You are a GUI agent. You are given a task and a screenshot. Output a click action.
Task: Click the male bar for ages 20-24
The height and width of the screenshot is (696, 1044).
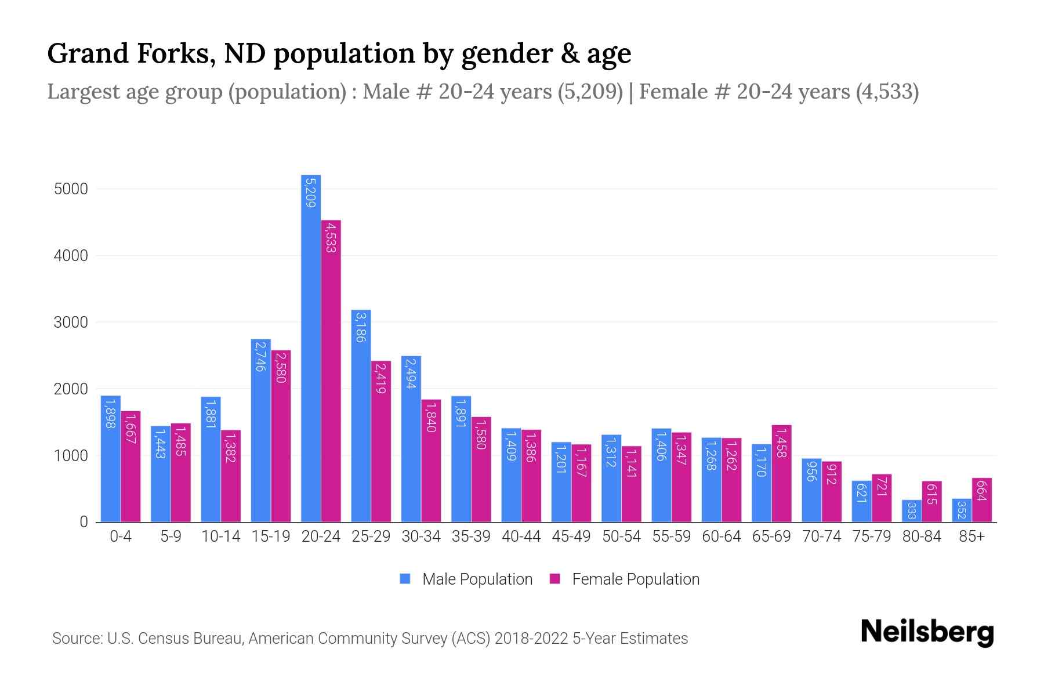click(x=311, y=348)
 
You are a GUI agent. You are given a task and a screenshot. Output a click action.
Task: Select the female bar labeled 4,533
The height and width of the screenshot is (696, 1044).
click(x=331, y=371)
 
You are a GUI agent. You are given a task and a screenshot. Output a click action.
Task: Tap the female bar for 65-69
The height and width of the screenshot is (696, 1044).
click(x=781, y=473)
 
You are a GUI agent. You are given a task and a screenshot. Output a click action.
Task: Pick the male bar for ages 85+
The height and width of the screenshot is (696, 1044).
click(x=961, y=510)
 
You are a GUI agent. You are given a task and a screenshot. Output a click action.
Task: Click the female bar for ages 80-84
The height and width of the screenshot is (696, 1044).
click(x=931, y=502)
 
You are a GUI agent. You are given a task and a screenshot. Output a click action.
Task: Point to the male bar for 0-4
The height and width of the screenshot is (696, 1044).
click(x=111, y=459)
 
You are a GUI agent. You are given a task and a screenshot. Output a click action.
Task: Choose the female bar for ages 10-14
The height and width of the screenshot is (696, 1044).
click(x=231, y=476)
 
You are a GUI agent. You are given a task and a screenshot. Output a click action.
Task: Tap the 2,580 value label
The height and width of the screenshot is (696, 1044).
click(x=281, y=367)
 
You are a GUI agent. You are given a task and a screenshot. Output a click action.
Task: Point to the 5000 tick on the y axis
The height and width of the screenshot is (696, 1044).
click(x=71, y=189)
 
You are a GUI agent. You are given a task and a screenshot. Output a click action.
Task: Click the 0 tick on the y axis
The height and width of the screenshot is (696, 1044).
click(x=84, y=522)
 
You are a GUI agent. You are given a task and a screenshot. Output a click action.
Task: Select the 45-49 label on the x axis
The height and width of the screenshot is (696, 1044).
click(x=571, y=536)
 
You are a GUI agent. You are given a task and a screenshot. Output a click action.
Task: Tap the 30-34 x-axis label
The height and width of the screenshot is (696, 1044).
click(x=421, y=536)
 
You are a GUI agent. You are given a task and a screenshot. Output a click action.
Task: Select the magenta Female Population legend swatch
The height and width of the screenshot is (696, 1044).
click(x=555, y=579)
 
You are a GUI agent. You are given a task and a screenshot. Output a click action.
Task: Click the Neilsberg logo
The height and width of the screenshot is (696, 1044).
click(x=927, y=632)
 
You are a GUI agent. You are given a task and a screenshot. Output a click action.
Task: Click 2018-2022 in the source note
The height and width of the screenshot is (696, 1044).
click(x=531, y=639)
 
